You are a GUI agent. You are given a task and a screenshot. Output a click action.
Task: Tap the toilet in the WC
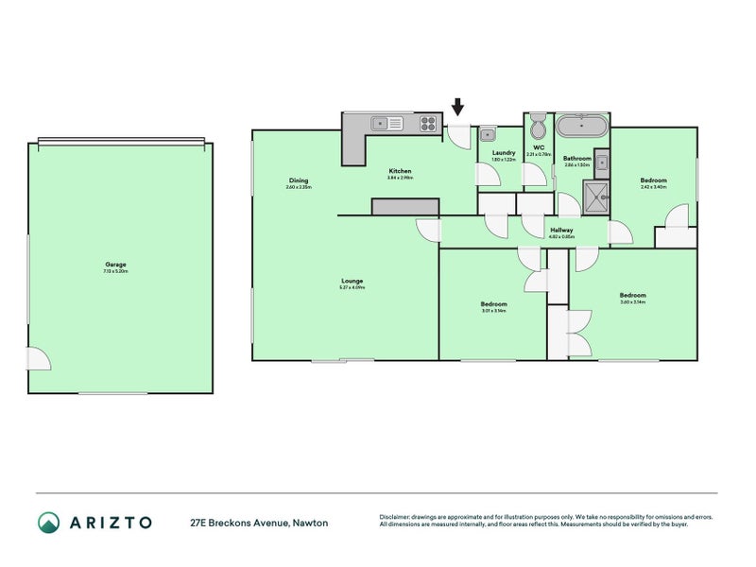(x=537, y=128)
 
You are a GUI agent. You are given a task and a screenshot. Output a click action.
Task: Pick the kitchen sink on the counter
(x=387, y=122)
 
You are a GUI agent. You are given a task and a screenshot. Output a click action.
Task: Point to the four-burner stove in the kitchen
(x=428, y=122)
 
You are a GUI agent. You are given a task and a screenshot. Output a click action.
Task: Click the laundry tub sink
(x=490, y=133)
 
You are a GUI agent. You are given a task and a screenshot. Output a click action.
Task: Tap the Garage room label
(x=115, y=265)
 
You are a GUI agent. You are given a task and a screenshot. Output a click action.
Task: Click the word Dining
(x=299, y=180)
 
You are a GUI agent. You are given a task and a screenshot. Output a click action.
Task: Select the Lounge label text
(x=353, y=280)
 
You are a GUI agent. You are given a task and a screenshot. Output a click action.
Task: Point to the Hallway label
(x=562, y=230)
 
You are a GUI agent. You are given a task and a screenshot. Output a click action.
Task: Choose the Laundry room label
(x=503, y=152)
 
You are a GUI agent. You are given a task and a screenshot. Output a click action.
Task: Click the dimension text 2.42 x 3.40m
(x=653, y=187)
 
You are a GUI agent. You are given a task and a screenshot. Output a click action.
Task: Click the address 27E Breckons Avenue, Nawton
(x=258, y=522)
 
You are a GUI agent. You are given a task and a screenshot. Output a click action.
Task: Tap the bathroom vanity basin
(x=601, y=160)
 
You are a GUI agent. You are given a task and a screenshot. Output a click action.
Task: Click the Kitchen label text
(x=399, y=171)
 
